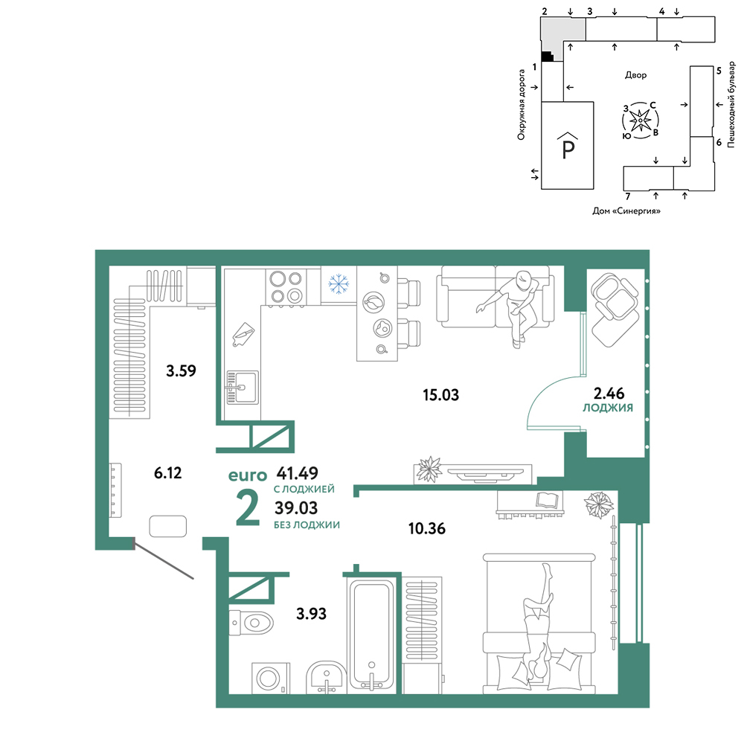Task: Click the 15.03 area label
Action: pyautogui.click(x=440, y=395)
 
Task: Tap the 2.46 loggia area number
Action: pyautogui.click(x=609, y=393)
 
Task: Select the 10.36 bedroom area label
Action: pyautogui.click(x=427, y=528)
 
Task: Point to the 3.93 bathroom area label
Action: pyautogui.click(x=311, y=614)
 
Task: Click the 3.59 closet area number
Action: pyautogui.click(x=181, y=371)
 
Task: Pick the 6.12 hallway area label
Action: pyautogui.click(x=168, y=472)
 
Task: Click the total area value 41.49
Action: pyautogui.click(x=298, y=473)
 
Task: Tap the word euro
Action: pyautogui.click(x=248, y=475)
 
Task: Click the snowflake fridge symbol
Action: pyautogui.click(x=339, y=283)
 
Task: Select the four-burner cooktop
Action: pyautogui.click(x=286, y=287)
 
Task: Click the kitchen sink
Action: pyautogui.click(x=243, y=388)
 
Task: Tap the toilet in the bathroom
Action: pyautogui.click(x=251, y=622)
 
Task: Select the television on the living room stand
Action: pyautogui.click(x=485, y=473)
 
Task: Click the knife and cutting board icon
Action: pyautogui.click(x=243, y=334)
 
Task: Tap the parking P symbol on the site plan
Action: pyautogui.click(x=568, y=146)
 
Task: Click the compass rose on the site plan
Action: pyautogui.click(x=641, y=121)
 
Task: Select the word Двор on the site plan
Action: pyautogui.click(x=636, y=75)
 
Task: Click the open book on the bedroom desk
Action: pyautogui.click(x=549, y=500)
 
